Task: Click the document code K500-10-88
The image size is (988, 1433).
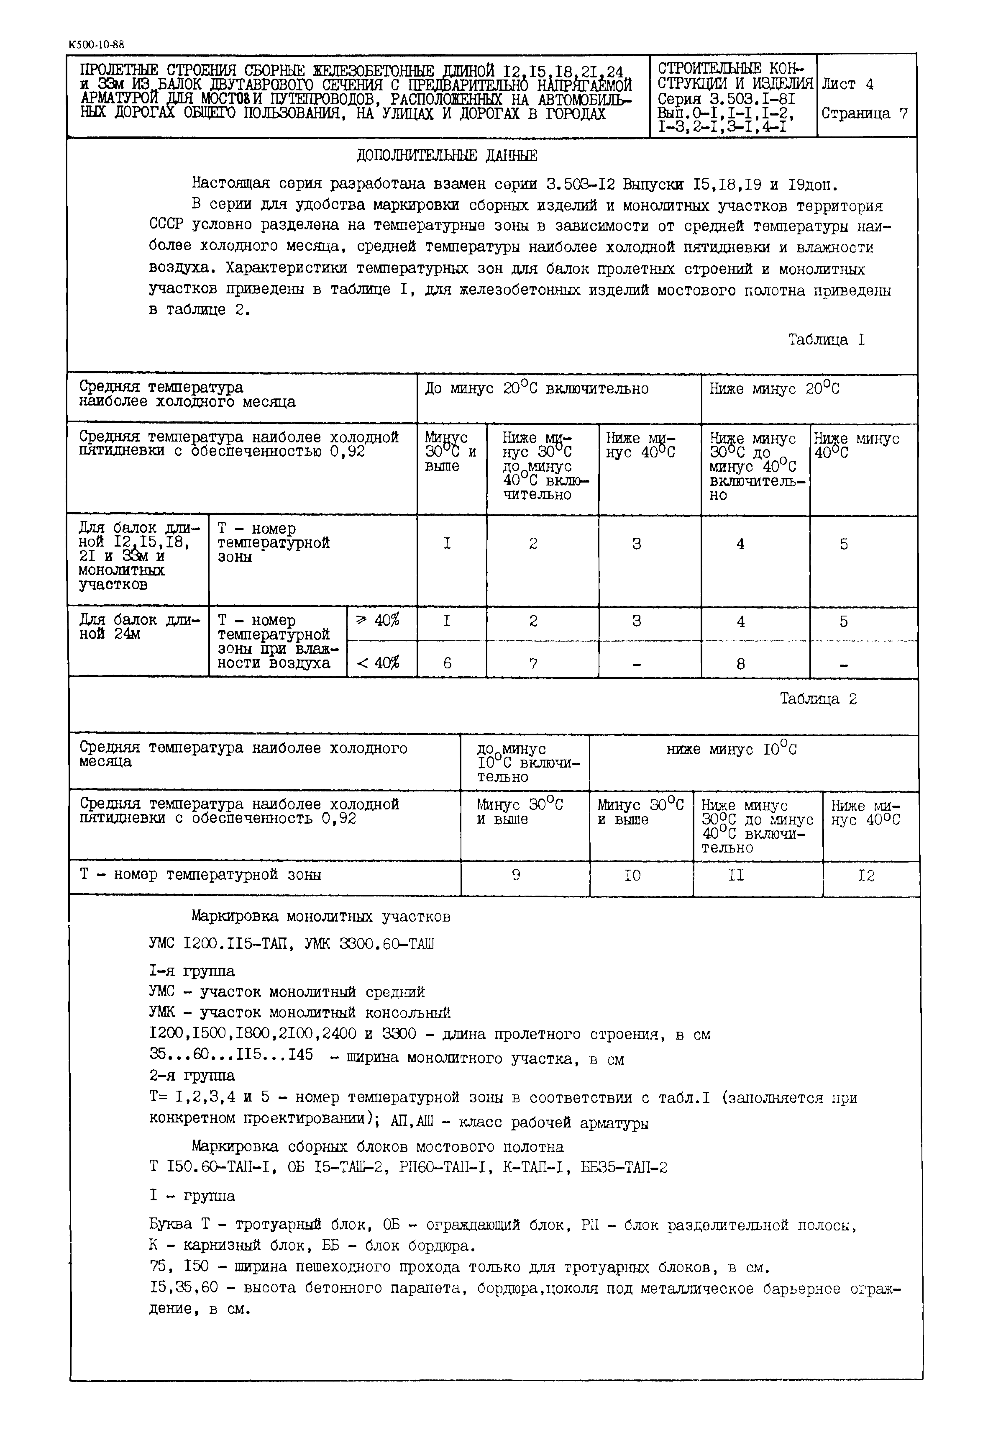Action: (x=97, y=45)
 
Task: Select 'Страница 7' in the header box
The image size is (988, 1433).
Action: (x=864, y=114)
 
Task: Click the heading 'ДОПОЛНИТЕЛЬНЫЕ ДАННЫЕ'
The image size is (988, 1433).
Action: (x=447, y=155)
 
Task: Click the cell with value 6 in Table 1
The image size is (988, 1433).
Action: (x=448, y=663)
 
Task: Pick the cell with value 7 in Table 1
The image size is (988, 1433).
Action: (x=533, y=663)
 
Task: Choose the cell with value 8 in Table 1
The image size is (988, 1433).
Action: (x=740, y=663)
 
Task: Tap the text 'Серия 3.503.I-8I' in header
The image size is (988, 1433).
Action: (x=726, y=99)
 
